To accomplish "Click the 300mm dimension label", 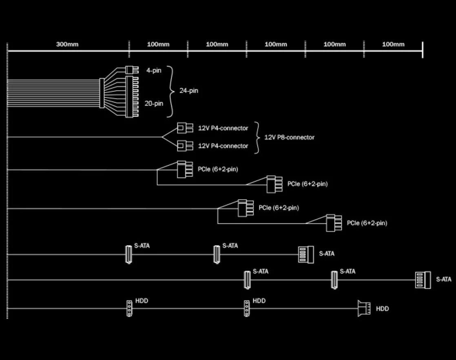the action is pyautogui.click(x=67, y=44).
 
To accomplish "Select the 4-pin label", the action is pyautogui.click(x=154, y=71).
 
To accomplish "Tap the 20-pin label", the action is pyautogui.click(x=154, y=103).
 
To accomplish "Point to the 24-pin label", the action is pyautogui.click(x=189, y=91).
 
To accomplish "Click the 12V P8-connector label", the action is pyautogui.click(x=289, y=137).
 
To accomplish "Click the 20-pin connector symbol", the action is pyautogui.click(x=132, y=97).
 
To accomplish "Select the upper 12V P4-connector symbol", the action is pyautogui.click(x=185, y=128).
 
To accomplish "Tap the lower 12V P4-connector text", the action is pyautogui.click(x=223, y=146).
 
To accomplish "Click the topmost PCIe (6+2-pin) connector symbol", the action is pyautogui.click(x=185, y=169).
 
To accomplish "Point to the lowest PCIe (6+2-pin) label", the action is pyautogui.click(x=367, y=223).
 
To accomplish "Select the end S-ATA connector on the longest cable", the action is pyautogui.click(x=423, y=280).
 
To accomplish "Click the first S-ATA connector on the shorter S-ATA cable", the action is pyautogui.click(x=128, y=254).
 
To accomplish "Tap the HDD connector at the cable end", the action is pyautogui.click(x=364, y=309).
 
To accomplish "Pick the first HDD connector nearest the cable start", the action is pyautogui.click(x=129, y=309).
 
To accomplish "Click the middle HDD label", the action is pyautogui.click(x=259, y=301).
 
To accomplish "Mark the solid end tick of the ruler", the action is pyautogui.click(x=423, y=50).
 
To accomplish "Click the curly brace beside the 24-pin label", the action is pyautogui.click(x=171, y=92).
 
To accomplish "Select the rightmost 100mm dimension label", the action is pyautogui.click(x=393, y=44).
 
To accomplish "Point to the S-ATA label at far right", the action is pyautogui.click(x=444, y=279).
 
